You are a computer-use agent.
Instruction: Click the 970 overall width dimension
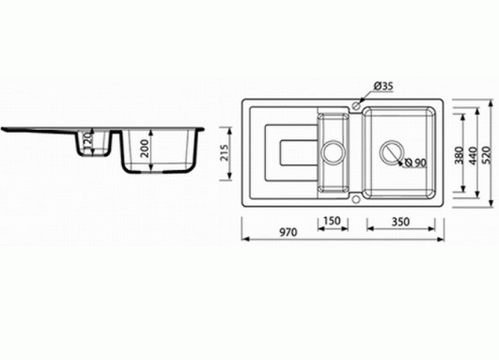pos(288,232)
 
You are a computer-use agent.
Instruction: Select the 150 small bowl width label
pos(332,221)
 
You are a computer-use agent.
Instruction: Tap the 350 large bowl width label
pos(400,222)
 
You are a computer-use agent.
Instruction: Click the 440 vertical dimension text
pos(474,156)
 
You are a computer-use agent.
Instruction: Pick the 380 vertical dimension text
pos(459,155)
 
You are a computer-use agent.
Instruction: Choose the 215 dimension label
pos(225,153)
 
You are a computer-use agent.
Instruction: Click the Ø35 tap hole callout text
pos(383,86)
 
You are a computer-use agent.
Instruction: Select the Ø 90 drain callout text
pos(415,163)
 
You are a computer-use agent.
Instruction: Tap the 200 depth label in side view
pos(145,148)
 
